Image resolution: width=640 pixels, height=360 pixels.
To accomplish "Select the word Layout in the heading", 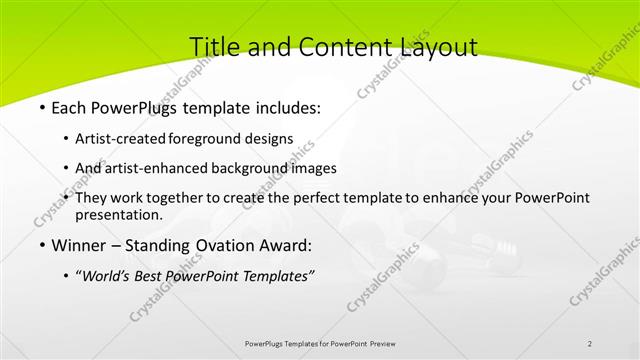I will [x=434, y=46].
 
